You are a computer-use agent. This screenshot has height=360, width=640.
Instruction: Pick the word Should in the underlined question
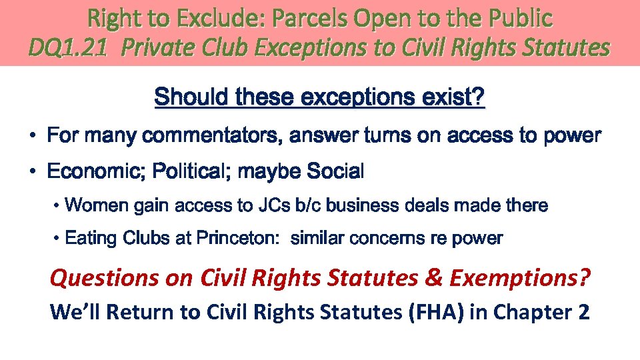pos(191,99)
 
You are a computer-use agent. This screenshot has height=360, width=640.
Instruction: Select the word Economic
pos(93,172)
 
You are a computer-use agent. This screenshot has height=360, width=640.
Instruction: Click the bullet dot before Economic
pos(33,172)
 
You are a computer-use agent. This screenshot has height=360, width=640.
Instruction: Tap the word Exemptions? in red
pos(519,277)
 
